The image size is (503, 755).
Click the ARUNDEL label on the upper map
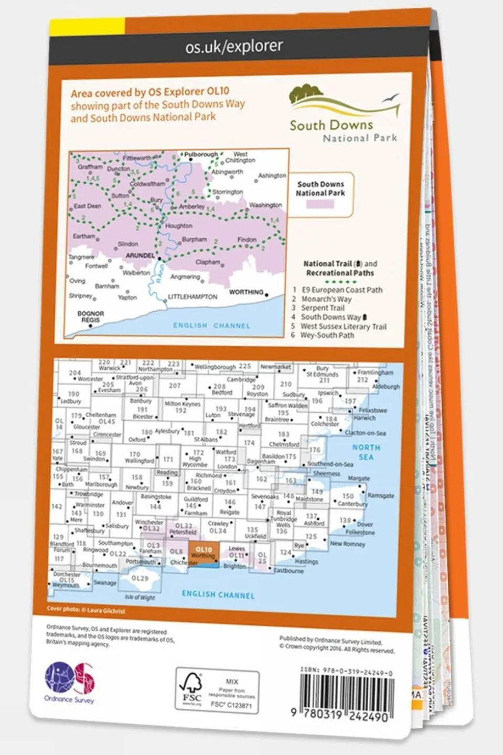pos(140,256)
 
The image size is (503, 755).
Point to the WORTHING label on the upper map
pos(246,292)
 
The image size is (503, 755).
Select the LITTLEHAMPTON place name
pos(192,297)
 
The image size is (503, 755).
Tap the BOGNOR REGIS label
pos(90,316)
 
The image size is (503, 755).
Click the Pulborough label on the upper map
pos(201,155)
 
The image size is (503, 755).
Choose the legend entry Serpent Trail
pos(323,308)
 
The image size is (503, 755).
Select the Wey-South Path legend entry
pos(327,335)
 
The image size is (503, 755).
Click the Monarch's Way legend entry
pos(326,299)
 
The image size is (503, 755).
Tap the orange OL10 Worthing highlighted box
pos(203,554)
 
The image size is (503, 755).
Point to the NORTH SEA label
pos(366,452)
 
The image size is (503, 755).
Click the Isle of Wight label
pos(140,597)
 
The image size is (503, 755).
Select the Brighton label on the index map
pos(234,566)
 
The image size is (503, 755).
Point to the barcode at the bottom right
pos(344,695)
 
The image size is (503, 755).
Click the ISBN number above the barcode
pos(347,672)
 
